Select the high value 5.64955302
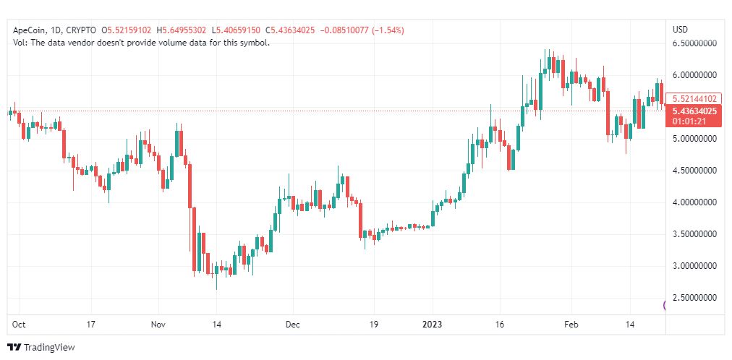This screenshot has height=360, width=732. click(x=187, y=30)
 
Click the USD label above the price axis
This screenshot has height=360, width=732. click(x=681, y=30)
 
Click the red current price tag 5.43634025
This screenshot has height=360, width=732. click(x=694, y=111)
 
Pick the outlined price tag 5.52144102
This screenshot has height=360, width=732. click(x=694, y=98)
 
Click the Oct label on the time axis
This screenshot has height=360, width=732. click(x=20, y=325)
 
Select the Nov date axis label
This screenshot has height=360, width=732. click(x=158, y=325)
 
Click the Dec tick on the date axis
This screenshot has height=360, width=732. click(x=292, y=325)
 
